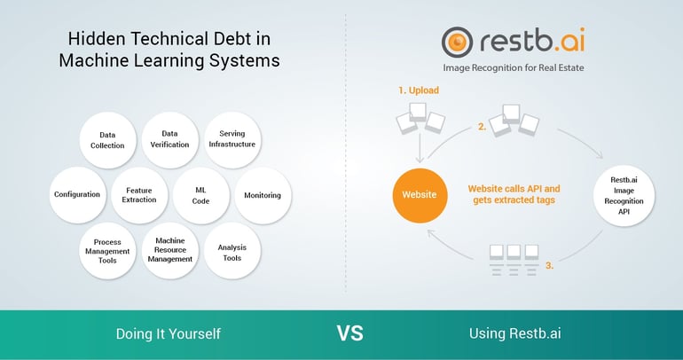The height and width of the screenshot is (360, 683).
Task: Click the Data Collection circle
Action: [x=107, y=140]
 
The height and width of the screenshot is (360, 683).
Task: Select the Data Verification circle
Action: [x=170, y=140]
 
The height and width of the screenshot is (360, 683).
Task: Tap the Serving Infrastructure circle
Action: [x=232, y=140]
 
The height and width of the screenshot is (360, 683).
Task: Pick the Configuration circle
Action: [x=77, y=195]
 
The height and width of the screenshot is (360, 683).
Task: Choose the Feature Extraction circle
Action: [x=139, y=195]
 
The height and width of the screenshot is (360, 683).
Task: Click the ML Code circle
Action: [x=200, y=195]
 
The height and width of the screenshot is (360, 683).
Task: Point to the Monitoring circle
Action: [x=263, y=195]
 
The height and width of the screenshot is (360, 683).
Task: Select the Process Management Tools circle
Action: [x=107, y=251]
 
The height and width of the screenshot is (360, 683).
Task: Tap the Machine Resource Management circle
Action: [x=170, y=250]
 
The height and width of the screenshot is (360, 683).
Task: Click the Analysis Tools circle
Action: [x=232, y=250]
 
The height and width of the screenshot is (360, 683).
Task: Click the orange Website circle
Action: [x=420, y=195]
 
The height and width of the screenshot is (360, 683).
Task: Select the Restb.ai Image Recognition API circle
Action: [x=624, y=195]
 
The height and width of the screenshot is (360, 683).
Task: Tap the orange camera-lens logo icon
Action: [x=457, y=43]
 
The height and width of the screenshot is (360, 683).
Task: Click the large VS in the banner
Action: [x=349, y=333]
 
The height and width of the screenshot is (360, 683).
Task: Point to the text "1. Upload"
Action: [x=419, y=90]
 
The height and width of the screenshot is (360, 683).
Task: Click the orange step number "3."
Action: [x=550, y=265]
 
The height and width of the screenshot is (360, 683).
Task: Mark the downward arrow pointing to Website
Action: [x=420, y=147]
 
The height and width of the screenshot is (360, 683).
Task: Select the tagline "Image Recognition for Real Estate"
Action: [x=513, y=68]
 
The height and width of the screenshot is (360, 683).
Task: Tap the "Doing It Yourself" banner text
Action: [x=169, y=334]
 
